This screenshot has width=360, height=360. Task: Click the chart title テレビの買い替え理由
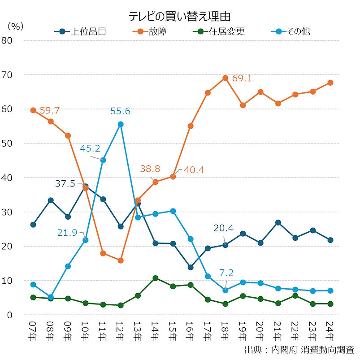coord(180,17)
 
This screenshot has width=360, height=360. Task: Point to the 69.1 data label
coord(242,78)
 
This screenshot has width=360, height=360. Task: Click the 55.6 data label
coord(120,111)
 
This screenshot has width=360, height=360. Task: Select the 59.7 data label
coord(50,110)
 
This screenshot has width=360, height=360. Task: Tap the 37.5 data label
coord(65,183)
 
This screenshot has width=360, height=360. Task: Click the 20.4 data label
coord(223,229)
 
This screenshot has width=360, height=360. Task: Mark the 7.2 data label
coord(226,273)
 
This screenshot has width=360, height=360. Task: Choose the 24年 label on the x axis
coord(330,332)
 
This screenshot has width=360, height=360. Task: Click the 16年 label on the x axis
coord(191,332)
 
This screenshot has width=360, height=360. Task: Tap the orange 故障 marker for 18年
coord(226,78)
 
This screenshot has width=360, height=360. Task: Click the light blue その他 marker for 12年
coord(121,124)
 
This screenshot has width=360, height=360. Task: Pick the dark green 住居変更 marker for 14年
coord(156,278)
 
